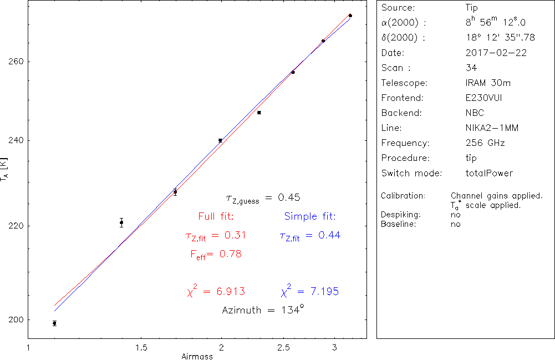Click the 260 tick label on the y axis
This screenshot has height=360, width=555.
(x=16, y=61)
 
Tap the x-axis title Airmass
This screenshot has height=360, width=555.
(x=197, y=357)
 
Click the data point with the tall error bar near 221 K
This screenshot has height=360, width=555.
(x=121, y=222)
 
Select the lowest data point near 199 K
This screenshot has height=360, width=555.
(x=54, y=323)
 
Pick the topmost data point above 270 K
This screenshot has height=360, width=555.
(x=350, y=16)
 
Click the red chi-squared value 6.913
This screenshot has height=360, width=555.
(x=223, y=292)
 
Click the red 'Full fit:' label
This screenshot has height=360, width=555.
(x=216, y=216)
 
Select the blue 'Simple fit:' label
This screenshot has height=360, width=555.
(x=310, y=216)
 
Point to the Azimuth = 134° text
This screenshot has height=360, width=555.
(x=263, y=310)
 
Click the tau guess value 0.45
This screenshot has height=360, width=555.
(x=289, y=197)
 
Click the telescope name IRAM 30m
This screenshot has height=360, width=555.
(x=488, y=83)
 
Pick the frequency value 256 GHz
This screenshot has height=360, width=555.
(x=485, y=143)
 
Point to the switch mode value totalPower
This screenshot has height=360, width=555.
(x=490, y=173)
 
